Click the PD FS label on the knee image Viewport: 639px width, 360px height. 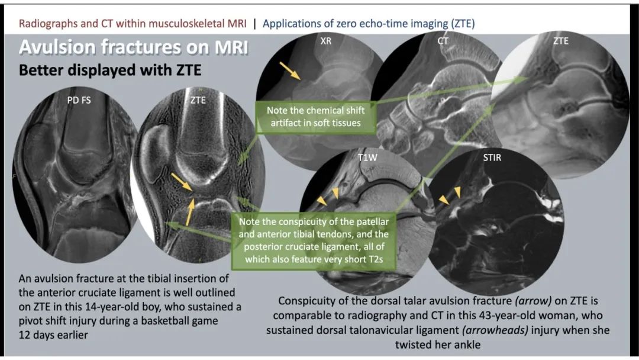pos(79,100)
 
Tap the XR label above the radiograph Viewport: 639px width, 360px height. pos(325,41)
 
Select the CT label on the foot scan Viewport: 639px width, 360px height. pos(443,41)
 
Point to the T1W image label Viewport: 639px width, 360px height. pos(367,157)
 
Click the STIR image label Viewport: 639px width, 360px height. pos(492,157)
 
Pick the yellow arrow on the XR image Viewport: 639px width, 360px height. pos(290,70)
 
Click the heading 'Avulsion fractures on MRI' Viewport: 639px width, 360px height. pos(133,47)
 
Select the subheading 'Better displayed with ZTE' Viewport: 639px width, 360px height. pos(110,70)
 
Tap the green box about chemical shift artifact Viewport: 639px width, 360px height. pos(315,117)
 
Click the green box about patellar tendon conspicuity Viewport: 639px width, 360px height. pos(314,240)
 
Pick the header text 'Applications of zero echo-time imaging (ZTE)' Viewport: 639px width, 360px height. pos(369,24)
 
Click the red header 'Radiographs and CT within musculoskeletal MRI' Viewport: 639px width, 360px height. pos(133,24)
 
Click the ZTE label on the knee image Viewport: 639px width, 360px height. pos(198,100)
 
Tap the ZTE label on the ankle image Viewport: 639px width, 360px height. pos(561,41)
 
